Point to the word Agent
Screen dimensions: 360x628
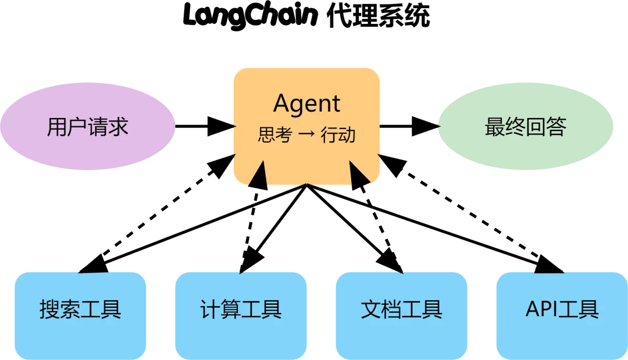coord(306,104)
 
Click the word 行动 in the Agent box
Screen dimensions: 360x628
coord(338,136)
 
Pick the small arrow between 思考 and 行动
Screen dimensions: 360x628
coord(306,136)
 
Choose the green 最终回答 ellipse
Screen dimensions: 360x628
coord(525,127)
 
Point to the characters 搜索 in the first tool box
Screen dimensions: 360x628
coord(60,309)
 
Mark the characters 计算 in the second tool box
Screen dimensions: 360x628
coord(220,309)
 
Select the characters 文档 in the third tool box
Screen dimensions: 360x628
coord(381,309)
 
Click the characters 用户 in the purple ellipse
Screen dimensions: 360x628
coord(67,127)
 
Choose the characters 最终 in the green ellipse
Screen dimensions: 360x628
coord(505,127)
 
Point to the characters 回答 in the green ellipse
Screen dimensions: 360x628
coord(546,127)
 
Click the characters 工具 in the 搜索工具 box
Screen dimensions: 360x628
coord(101,309)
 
